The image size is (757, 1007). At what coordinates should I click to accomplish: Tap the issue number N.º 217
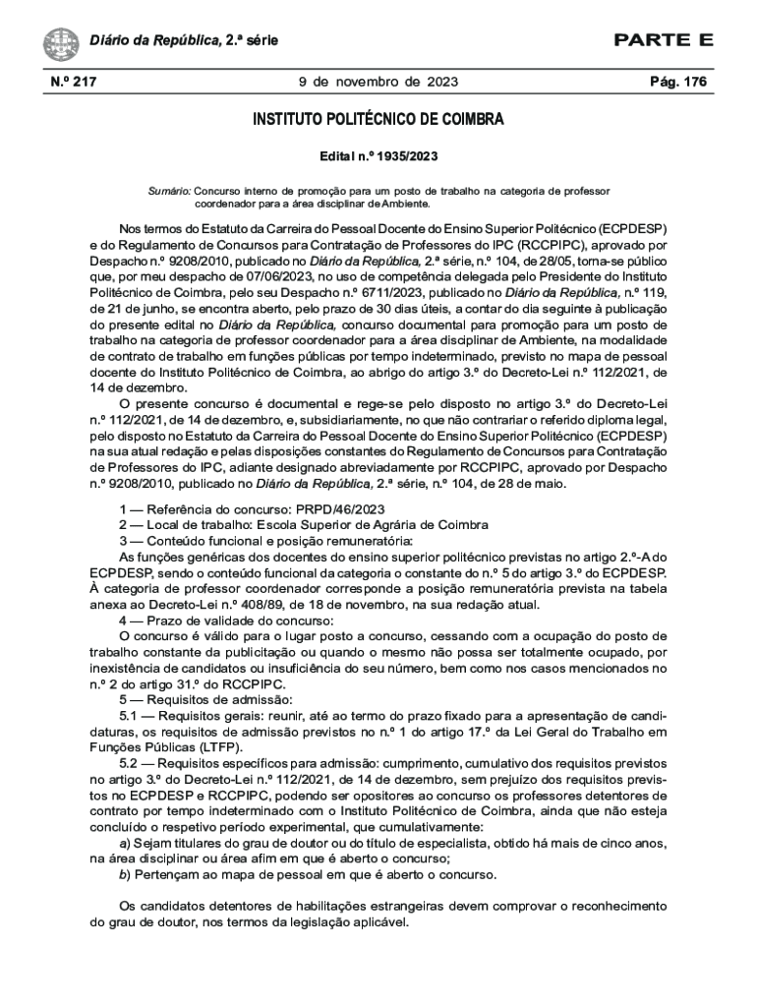tap(73, 82)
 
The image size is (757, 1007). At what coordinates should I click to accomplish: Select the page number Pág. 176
tap(678, 82)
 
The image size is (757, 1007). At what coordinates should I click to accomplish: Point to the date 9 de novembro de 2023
tap(378, 82)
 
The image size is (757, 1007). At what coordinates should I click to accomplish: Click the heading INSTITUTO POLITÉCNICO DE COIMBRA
tap(378, 120)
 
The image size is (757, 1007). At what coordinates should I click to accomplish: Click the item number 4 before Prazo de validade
tap(123, 621)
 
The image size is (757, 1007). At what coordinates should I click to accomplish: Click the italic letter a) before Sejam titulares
tap(124, 843)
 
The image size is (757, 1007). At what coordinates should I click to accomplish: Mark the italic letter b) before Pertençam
tap(124, 874)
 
